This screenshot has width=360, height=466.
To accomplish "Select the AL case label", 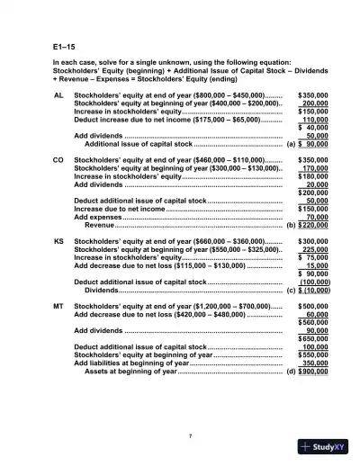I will (x=59, y=94).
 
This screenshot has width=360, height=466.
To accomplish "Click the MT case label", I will (x=59, y=306).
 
